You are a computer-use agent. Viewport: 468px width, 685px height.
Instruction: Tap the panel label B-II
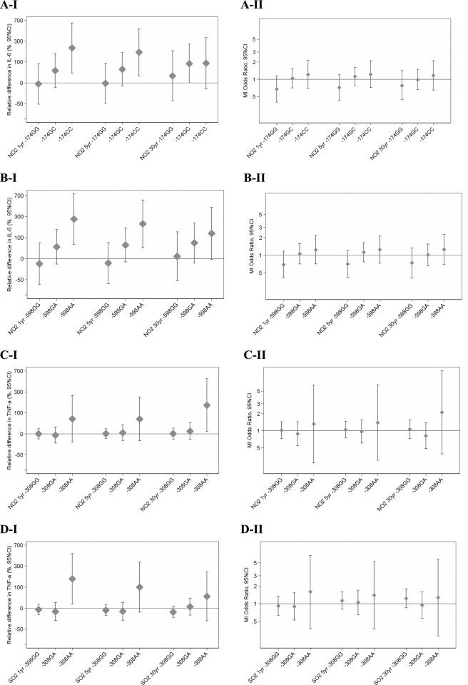pyautogui.click(x=254, y=181)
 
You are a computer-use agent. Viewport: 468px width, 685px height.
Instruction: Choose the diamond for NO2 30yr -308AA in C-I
pyautogui.click(x=208, y=405)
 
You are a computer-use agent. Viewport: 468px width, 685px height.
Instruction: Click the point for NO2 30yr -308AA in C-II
pyautogui.click(x=442, y=412)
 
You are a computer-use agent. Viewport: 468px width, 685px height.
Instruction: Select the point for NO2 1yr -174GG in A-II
pyautogui.click(x=297, y=89)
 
